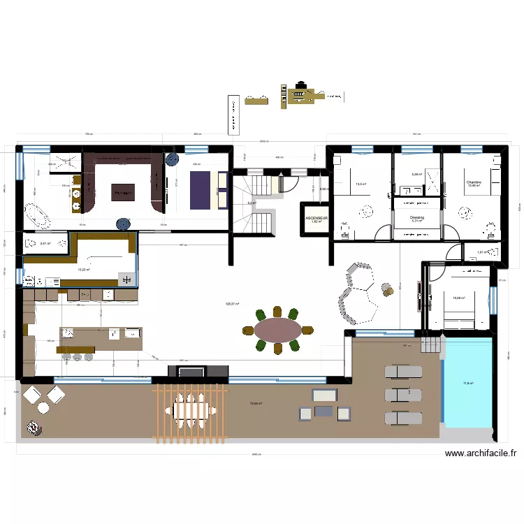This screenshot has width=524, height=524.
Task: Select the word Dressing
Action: tap(417, 217)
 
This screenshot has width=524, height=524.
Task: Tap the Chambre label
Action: tap(474, 182)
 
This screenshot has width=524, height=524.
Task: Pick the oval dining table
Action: tap(277, 328)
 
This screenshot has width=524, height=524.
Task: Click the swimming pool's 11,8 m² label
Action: tap(467, 383)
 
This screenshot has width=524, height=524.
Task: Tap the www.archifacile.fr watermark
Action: tap(481, 453)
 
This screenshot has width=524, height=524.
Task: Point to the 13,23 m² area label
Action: tap(83, 269)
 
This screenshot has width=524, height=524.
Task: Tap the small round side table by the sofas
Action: tap(386, 286)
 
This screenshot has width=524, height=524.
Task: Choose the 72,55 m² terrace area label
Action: tap(256, 403)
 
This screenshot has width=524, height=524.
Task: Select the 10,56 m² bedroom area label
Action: tap(459, 298)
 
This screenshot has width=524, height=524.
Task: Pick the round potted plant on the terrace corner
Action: tap(32, 425)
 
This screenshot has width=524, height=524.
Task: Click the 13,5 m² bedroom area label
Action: tap(361, 184)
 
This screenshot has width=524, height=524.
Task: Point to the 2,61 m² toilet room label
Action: tap(46, 244)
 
